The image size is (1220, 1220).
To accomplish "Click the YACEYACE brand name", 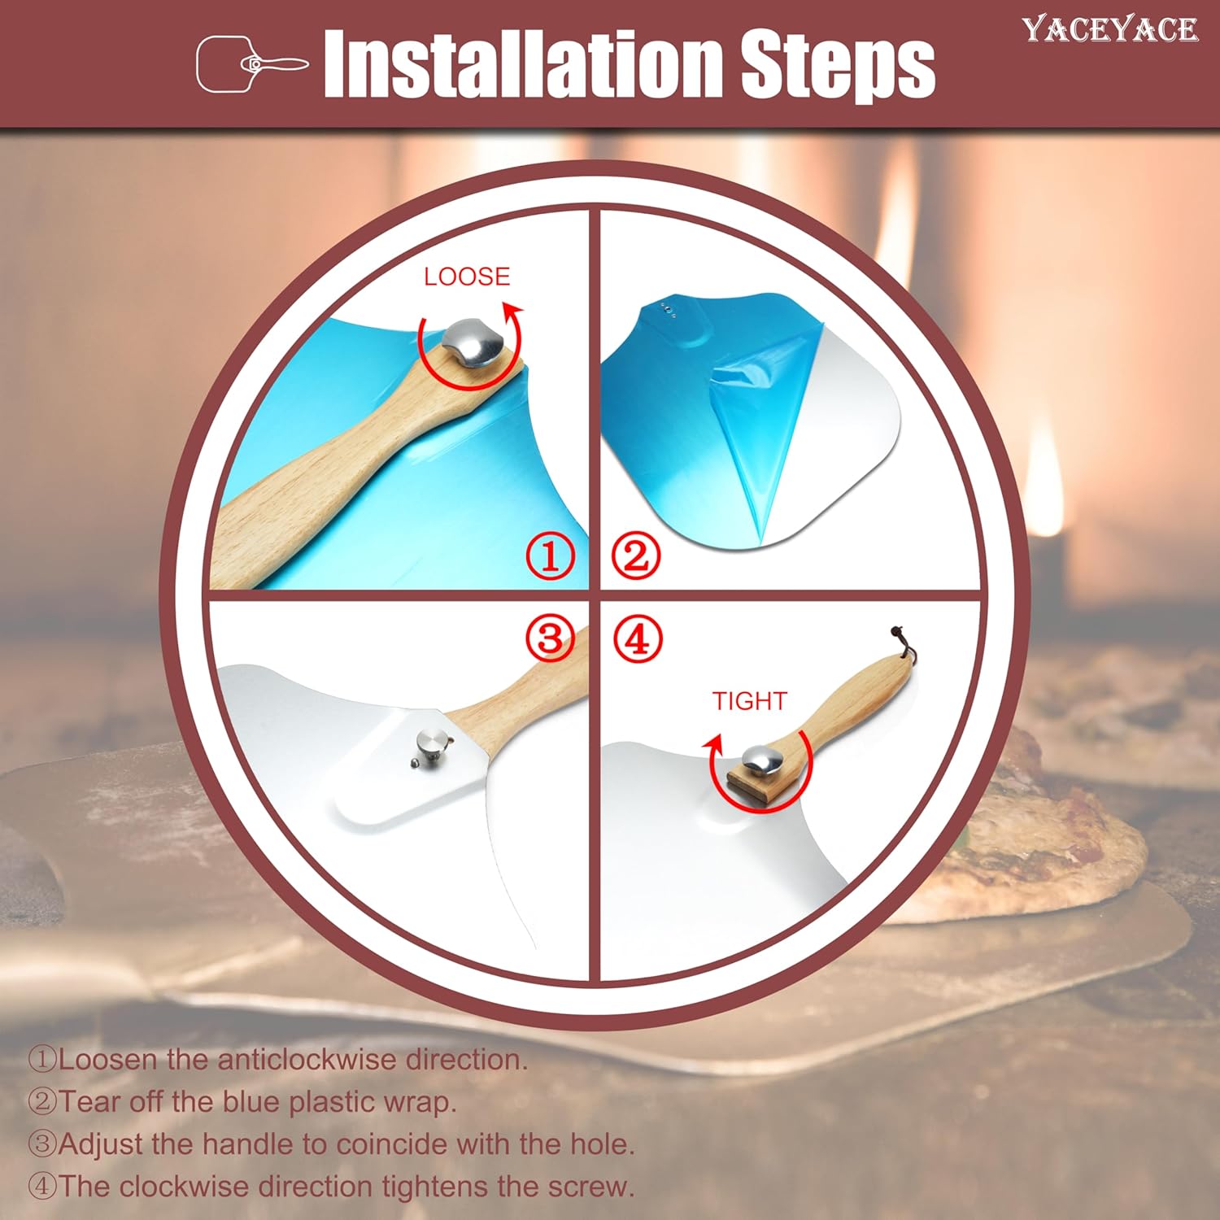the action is point(1110,29).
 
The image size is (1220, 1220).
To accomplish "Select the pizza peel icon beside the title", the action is point(252,63).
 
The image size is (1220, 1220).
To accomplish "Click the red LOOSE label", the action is point(467,277).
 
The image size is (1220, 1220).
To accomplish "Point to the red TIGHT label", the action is point(749,701).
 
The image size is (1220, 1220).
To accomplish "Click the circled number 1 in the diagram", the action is point(551,557).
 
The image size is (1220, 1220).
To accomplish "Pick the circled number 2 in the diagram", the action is point(636,557).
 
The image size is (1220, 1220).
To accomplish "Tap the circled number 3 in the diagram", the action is point(550,638).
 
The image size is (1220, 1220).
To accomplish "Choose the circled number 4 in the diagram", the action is point(638,638).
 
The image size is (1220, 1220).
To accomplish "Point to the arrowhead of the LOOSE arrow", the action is point(513,312).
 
